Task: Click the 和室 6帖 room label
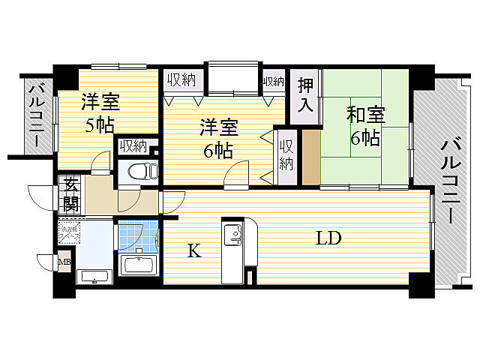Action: [x=365, y=127]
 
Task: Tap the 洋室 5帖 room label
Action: [x=99, y=114]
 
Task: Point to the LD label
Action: [x=328, y=239]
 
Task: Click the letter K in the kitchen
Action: [x=193, y=252]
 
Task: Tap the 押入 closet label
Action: [x=304, y=93]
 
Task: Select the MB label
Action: [x=64, y=262]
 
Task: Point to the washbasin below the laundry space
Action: [x=94, y=275]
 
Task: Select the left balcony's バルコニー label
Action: [x=35, y=115]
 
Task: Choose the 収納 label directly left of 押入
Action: [x=273, y=80]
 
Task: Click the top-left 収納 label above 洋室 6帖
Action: [x=181, y=79]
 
